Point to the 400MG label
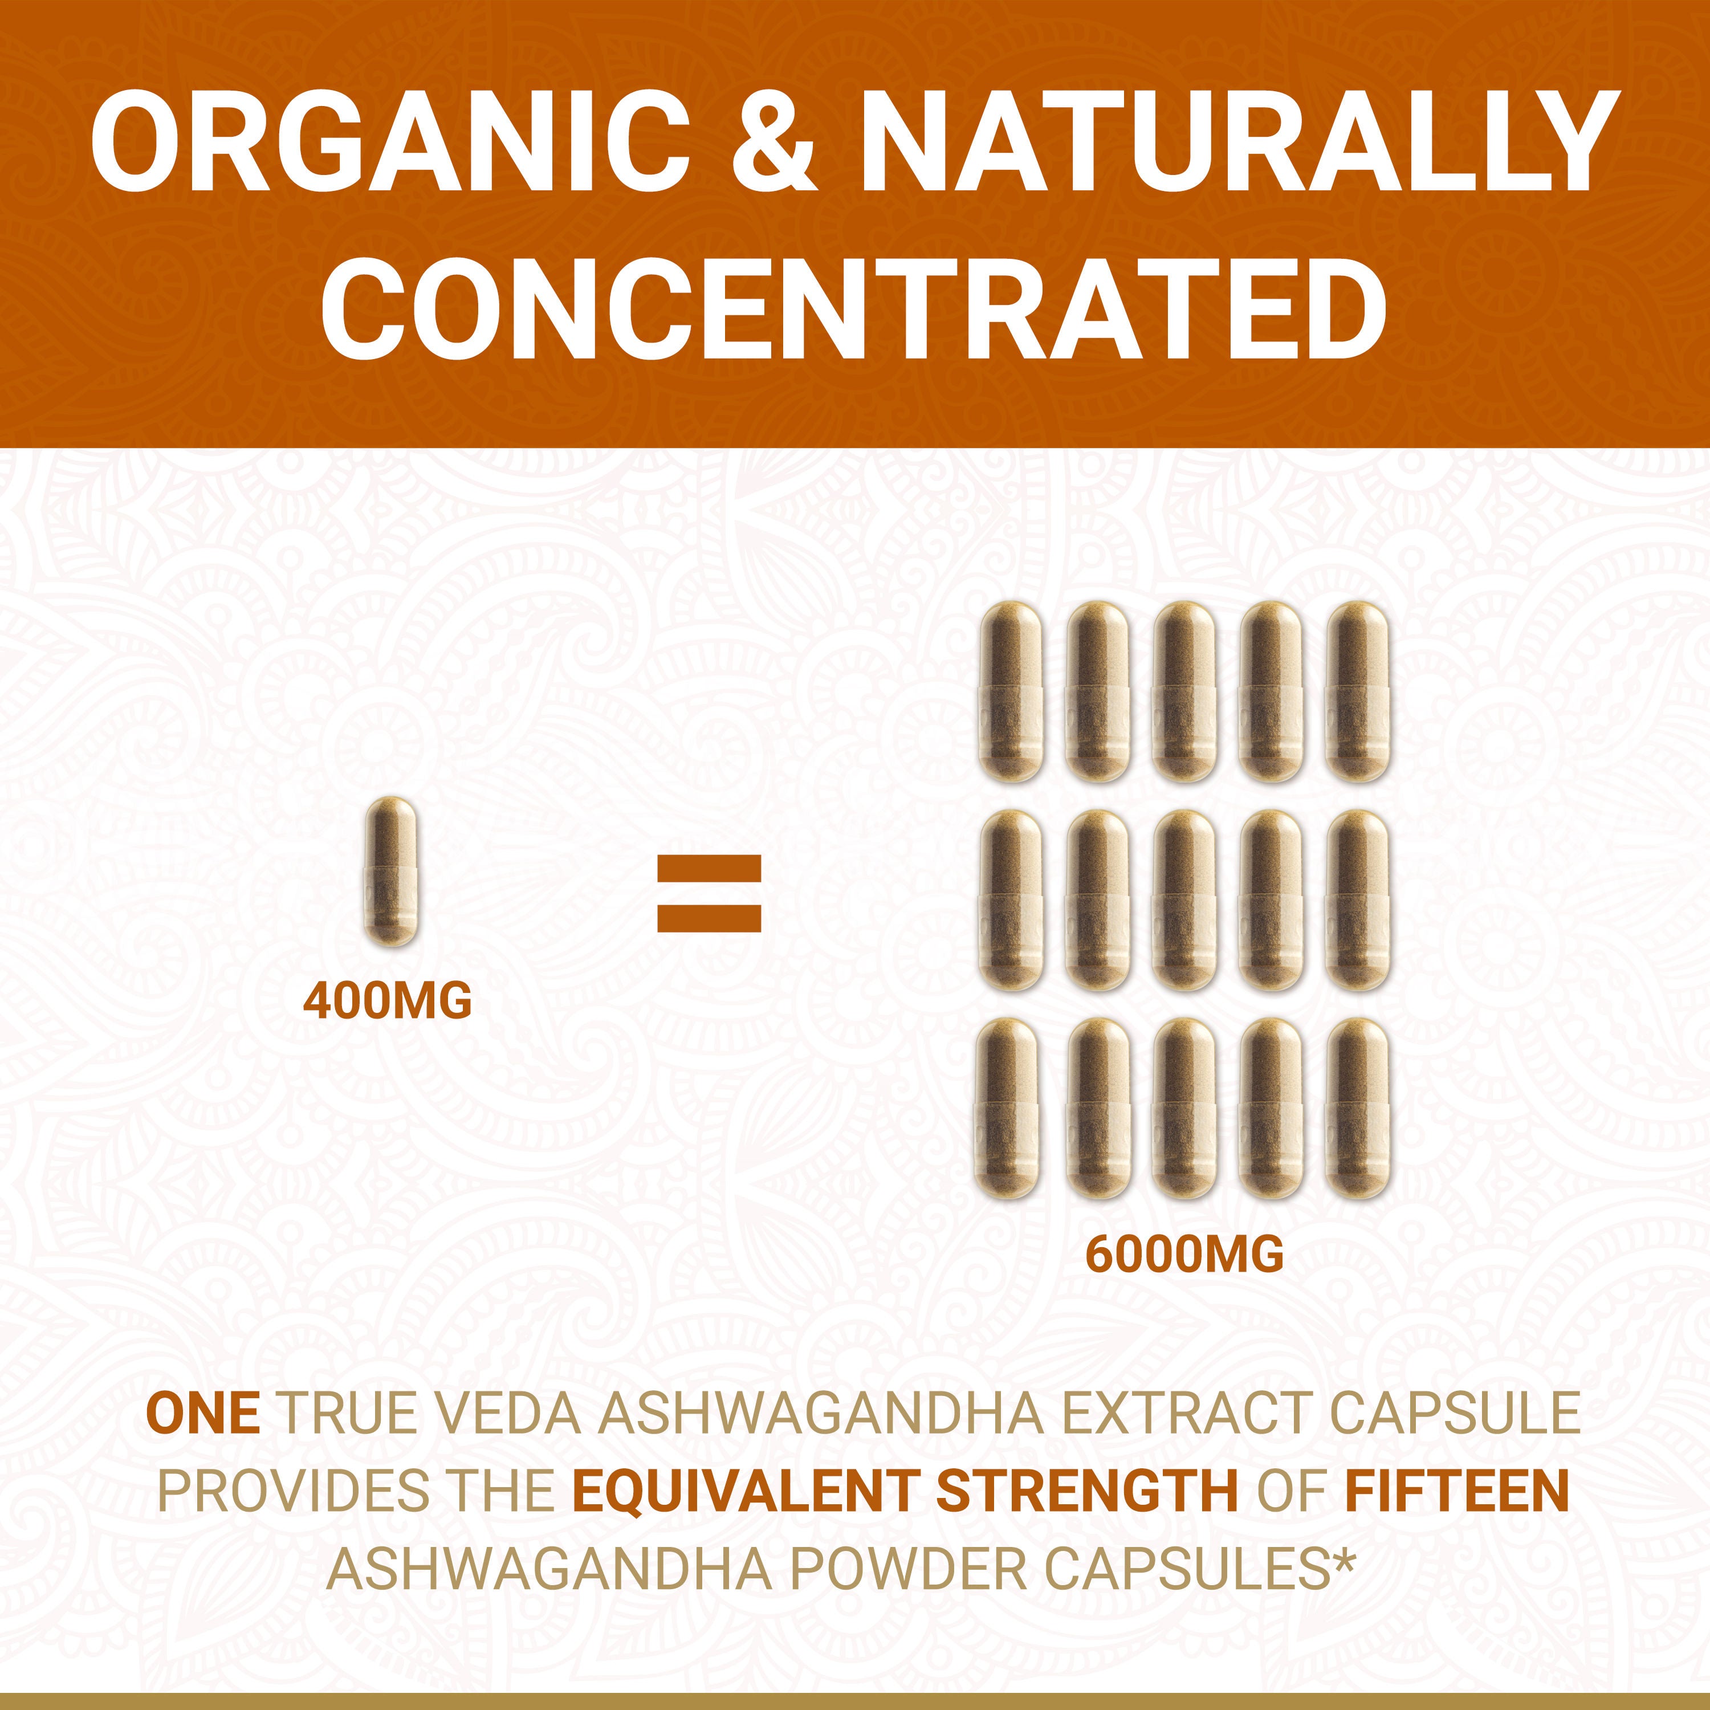click(388, 1001)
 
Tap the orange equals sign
click(709, 893)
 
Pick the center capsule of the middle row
click(1183, 899)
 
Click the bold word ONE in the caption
click(203, 1414)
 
